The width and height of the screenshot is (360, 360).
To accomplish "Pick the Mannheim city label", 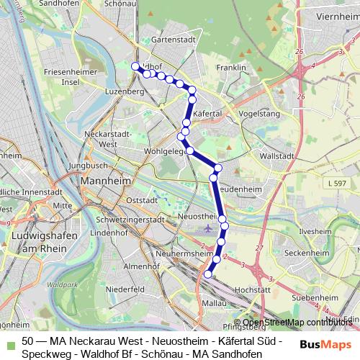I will [104, 181].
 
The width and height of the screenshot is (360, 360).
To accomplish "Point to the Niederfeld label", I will [120, 289].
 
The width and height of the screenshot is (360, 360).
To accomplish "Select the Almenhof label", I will [141, 266].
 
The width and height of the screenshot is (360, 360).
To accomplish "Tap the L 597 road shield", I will [336, 184].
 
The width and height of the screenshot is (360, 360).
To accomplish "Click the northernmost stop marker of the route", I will [135, 66].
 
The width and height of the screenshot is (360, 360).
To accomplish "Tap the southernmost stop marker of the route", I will [208, 274].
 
